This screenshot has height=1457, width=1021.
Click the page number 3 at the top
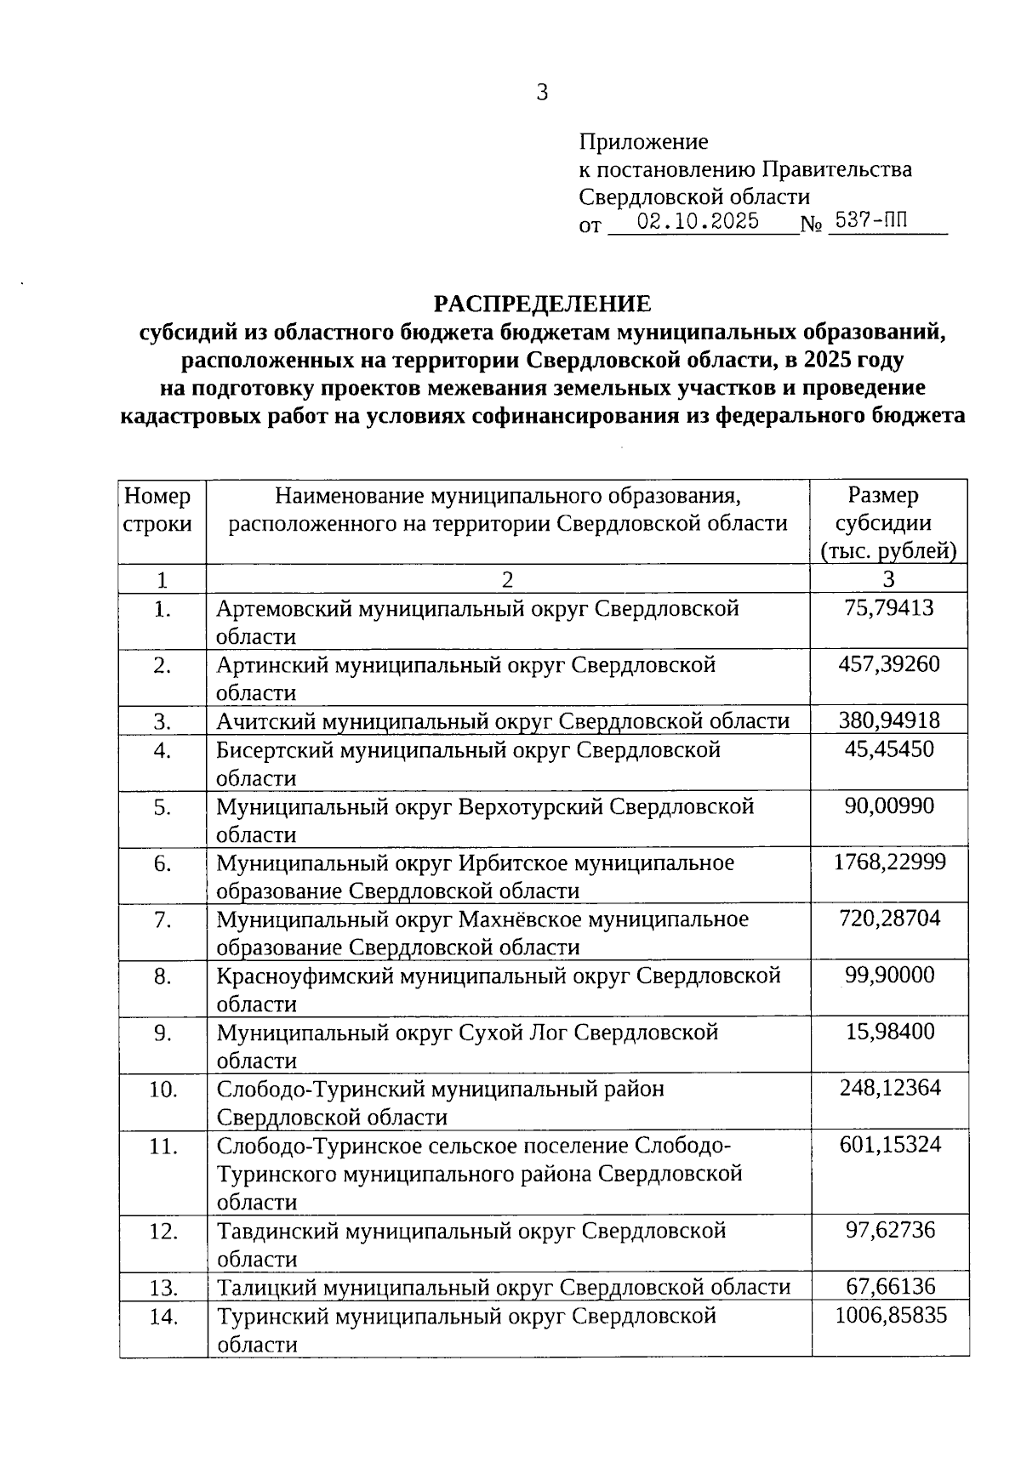click(x=541, y=93)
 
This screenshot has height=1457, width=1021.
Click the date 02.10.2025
click(x=699, y=222)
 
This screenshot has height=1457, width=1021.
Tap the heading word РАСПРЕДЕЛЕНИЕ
click(x=542, y=304)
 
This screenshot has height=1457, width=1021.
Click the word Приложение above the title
click(x=643, y=141)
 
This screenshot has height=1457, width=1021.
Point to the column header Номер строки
click(x=158, y=509)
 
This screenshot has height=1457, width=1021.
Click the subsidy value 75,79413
click(x=888, y=607)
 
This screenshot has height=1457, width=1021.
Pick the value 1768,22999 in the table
click(x=888, y=862)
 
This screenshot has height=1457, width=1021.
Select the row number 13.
click(x=163, y=1288)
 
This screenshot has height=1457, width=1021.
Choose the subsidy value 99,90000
click(x=889, y=975)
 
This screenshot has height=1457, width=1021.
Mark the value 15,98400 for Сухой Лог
click(x=889, y=1032)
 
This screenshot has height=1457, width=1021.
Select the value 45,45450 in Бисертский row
click(x=888, y=749)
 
